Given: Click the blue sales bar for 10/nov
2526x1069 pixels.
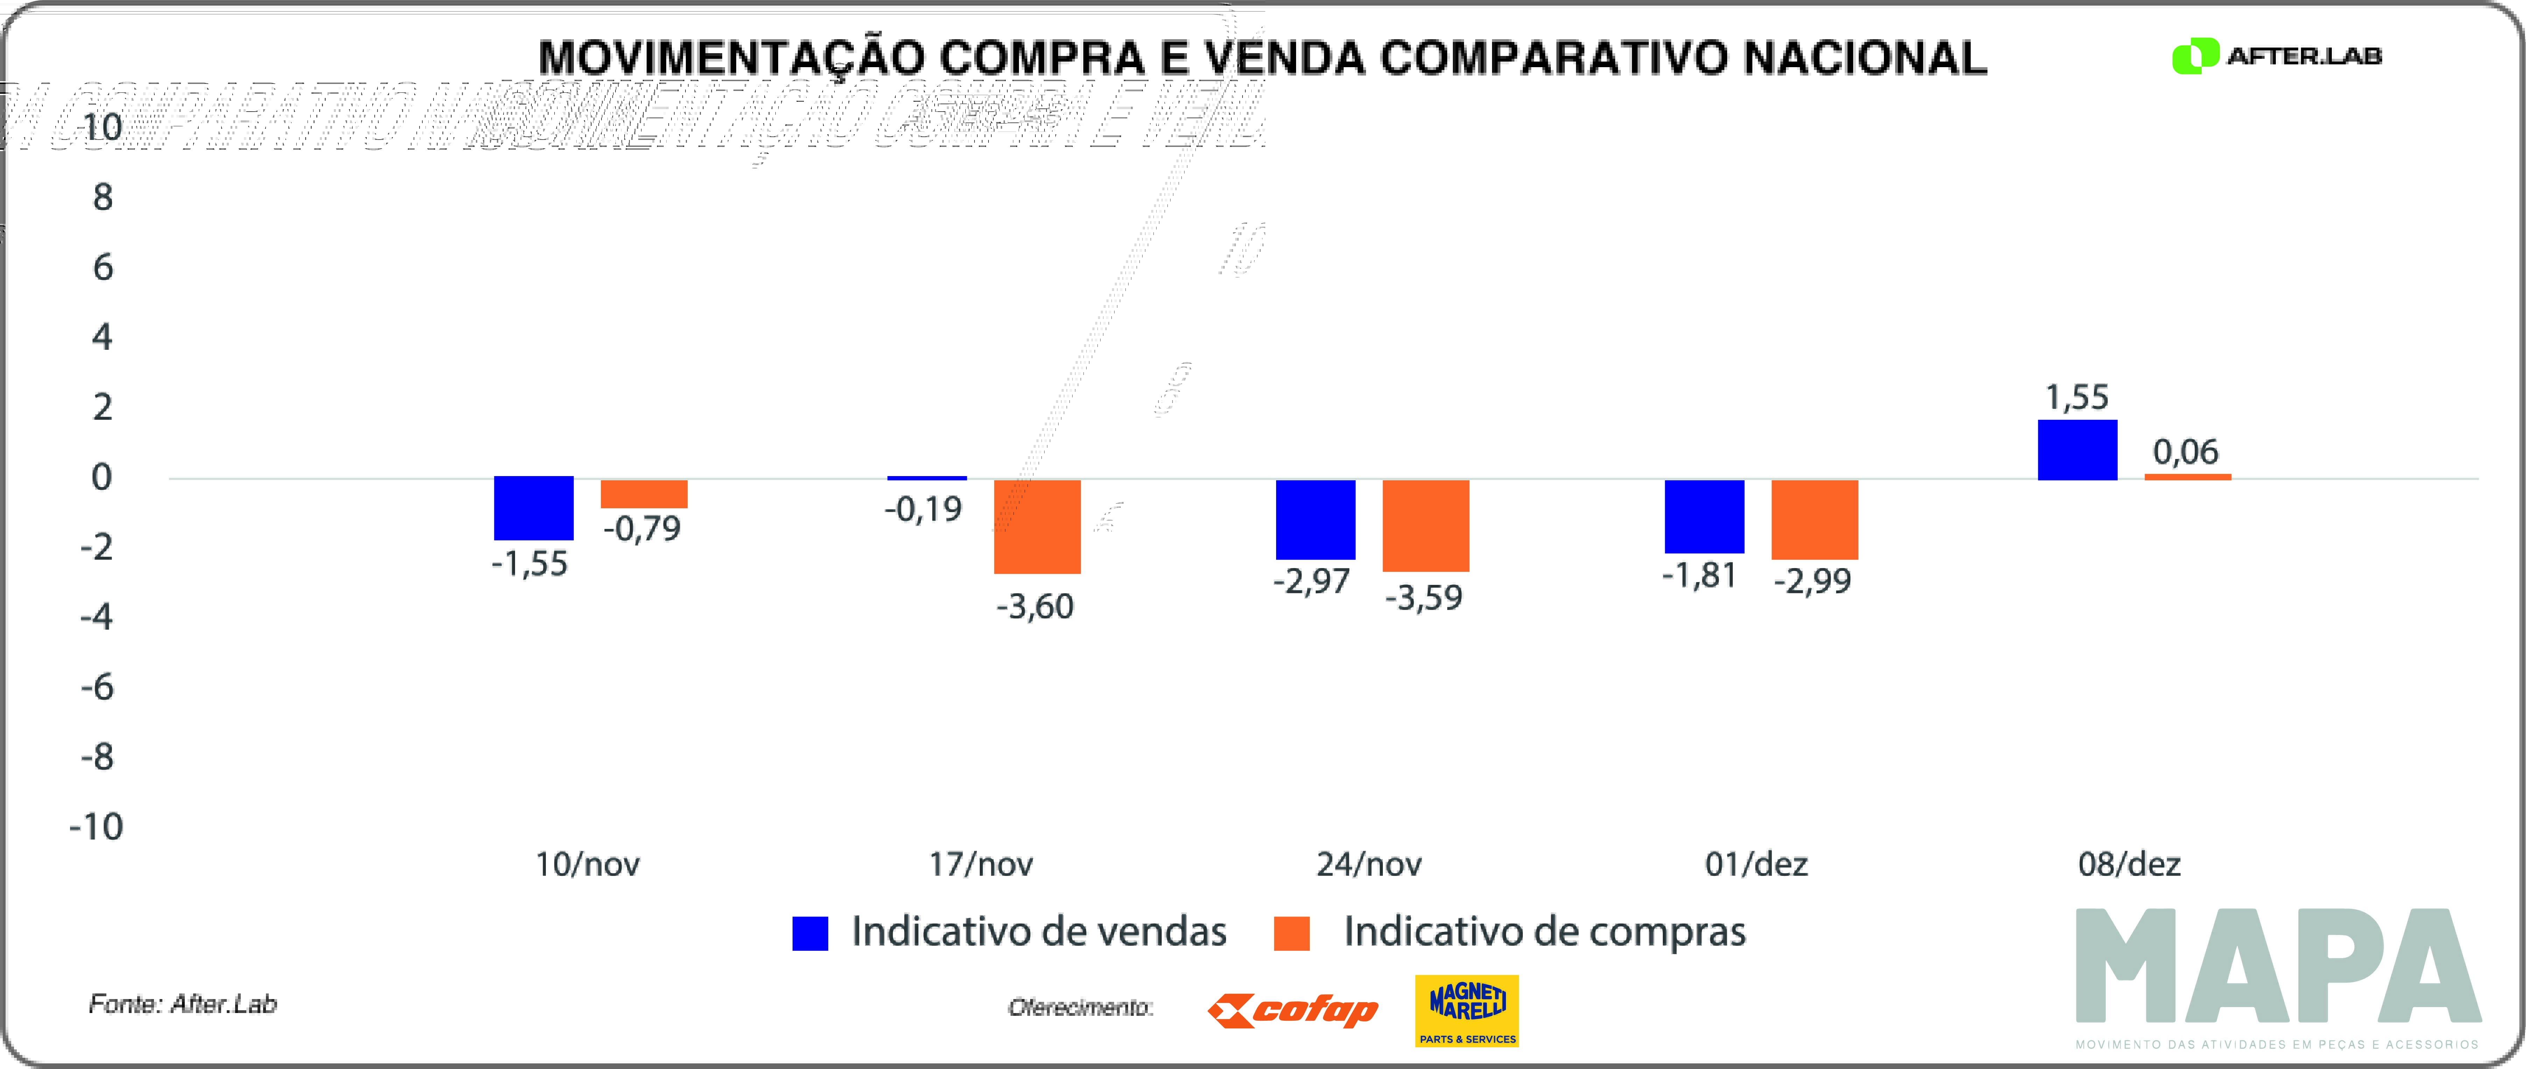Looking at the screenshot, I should [534, 508].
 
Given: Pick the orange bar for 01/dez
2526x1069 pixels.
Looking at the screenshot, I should [1814, 520].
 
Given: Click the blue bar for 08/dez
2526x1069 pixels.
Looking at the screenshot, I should [2077, 450].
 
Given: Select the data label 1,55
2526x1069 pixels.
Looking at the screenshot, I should [2076, 397].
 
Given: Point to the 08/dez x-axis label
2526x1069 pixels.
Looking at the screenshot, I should [2129, 864].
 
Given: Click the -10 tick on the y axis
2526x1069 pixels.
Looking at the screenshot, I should [96, 827].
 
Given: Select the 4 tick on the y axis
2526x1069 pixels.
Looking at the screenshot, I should [102, 337].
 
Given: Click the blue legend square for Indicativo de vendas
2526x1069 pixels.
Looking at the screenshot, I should [810, 933].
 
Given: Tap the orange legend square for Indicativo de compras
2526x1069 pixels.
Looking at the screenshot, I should [1292, 933].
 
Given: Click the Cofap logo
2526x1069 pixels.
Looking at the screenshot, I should [1293, 1010].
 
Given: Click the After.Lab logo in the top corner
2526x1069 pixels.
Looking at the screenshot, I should [2276, 56].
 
